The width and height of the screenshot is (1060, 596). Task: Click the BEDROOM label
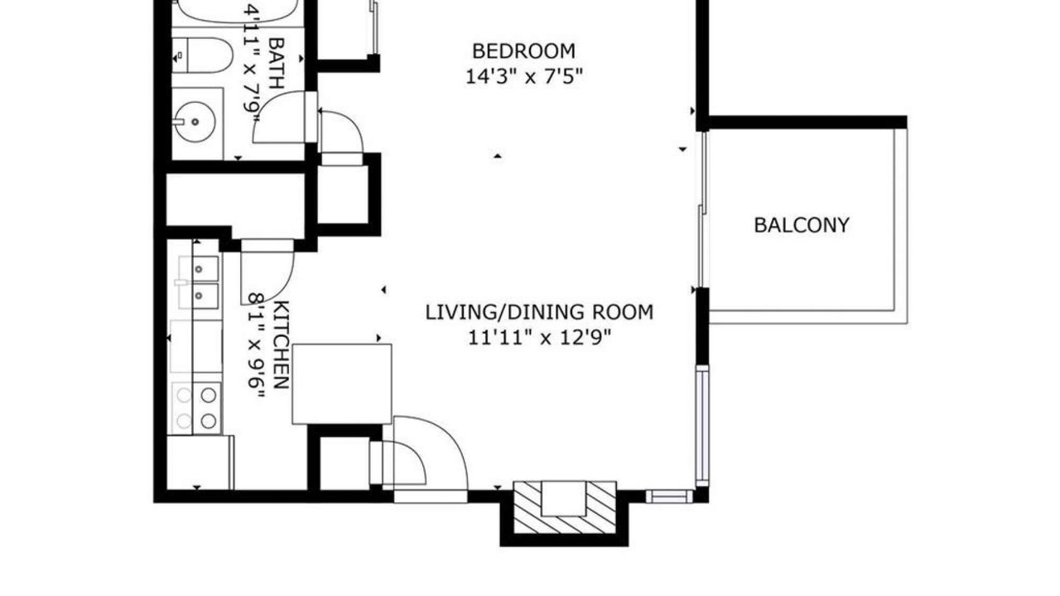(x=524, y=51)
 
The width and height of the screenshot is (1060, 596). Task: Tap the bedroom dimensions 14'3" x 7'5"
(x=524, y=76)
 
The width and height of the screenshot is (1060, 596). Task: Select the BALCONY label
(x=802, y=225)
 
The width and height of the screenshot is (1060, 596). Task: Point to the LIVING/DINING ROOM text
(x=539, y=313)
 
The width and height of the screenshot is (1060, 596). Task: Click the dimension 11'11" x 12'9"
(x=539, y=338)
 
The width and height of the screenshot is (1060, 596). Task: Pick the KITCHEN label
(x=282, y=345)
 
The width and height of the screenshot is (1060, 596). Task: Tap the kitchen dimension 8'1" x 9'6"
(x=256, y=346)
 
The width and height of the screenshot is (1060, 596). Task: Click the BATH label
(x=276, y=64)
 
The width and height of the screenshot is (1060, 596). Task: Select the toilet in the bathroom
(x=202, y=55)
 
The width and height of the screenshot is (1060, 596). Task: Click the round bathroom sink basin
(x=195, y=122)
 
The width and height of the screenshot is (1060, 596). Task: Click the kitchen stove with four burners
(x=196, y=408)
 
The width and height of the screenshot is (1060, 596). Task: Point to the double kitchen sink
(x=199, y=282)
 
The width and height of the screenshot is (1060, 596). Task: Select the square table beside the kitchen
(x=342, y=384)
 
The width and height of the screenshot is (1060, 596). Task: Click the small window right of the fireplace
(x=669, y=496)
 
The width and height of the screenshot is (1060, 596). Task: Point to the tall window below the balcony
(x=702, y=425)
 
